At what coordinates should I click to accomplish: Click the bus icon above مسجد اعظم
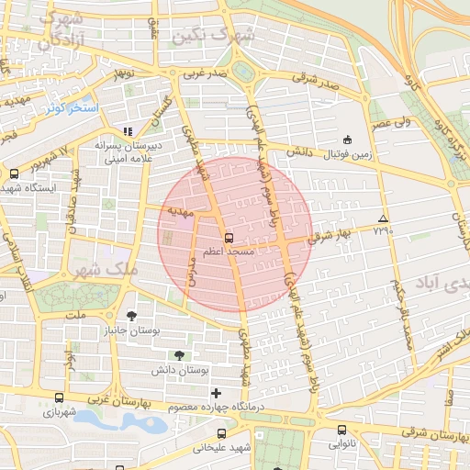tap(229, 234)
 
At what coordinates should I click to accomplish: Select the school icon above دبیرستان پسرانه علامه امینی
tap(128, 130)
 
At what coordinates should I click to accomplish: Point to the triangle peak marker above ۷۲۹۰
tap(383, 218)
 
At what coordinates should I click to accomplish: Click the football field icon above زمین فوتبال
tap(347, 140)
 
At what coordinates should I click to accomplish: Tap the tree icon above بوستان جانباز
tap(131, 315)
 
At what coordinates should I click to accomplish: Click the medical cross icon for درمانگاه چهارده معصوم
tap(216, 394)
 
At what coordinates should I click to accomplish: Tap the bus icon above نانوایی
tap(341, 430)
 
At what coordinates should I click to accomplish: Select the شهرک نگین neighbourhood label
tap(220, 33)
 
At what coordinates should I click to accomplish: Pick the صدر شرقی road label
tap(315, 82)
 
